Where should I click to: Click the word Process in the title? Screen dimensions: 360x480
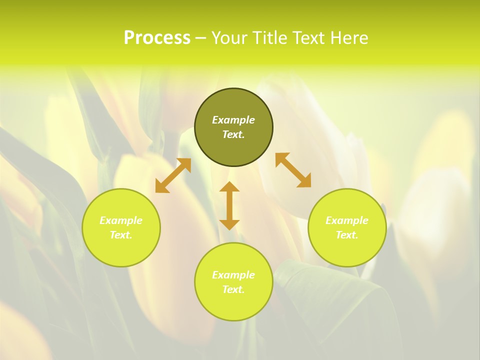pos(157,38)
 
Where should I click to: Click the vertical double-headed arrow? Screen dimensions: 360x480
pos(229,205)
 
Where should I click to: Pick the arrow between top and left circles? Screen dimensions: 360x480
pos(173,175)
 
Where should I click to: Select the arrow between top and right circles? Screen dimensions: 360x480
pos(293,170)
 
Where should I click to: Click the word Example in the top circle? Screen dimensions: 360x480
pos(233,120)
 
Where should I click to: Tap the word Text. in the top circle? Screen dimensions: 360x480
pos(233,134)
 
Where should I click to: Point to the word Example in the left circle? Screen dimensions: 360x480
pos(121,220)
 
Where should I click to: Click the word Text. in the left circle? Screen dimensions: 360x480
pos(121,235)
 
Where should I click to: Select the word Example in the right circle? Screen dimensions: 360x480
pos(347,220)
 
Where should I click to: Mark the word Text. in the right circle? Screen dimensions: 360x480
pos(347,235)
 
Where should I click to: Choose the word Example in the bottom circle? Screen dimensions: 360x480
pos(233,275)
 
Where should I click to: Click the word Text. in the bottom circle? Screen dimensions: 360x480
pos(233,289)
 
